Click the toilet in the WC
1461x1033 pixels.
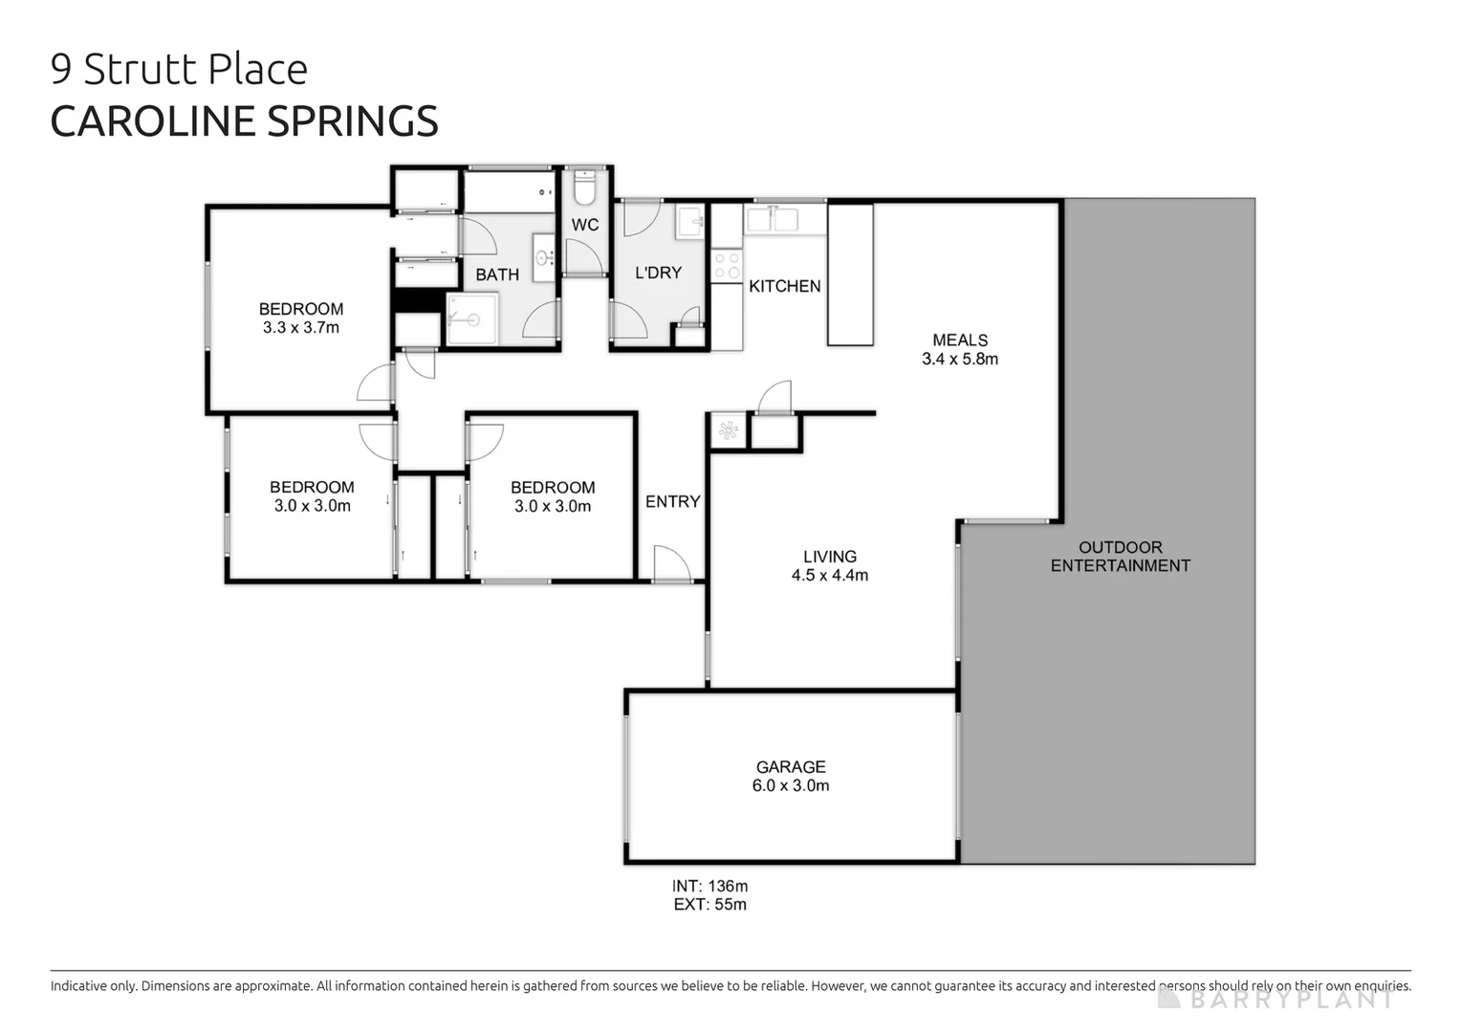click(583, 187)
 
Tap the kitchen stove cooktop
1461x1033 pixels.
click(727, 265)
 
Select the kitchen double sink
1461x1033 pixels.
click(772, 219)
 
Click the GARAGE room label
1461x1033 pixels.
click(791, 767)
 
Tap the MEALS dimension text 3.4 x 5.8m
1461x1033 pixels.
click(960, 360)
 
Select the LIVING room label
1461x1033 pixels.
click(830, 557)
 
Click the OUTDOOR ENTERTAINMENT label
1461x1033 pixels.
click(1121, 557)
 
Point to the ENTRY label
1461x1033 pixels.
click(673, 502)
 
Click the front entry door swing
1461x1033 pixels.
click(671, 563)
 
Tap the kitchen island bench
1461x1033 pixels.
click(850, 274)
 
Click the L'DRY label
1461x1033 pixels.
click(659, 273)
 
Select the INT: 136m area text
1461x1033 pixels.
click(710, 887)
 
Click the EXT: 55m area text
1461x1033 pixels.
click(710, 905)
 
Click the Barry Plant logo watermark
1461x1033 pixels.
click(1276, 1000)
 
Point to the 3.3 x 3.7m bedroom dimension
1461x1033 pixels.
click(301, 328)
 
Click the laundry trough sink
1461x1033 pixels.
click(690, 221)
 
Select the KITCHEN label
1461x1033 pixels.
click(785, 286)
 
